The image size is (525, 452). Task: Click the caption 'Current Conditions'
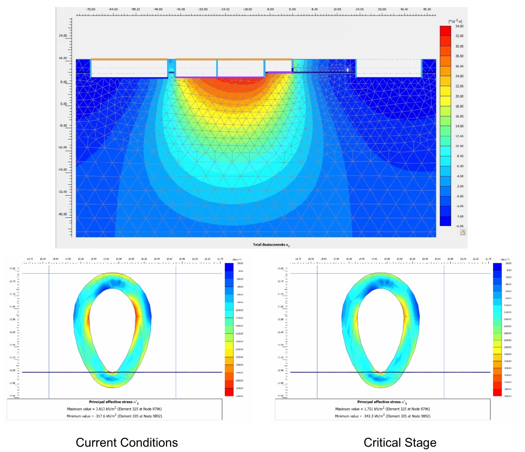(127, 443)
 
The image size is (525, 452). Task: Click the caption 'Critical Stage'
(400, 443)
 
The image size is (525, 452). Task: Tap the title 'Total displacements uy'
(271, 245)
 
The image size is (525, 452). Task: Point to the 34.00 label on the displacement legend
(460, 26)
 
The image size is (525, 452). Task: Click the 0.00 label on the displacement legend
(460, 196)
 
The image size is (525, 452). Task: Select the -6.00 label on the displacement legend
(460, 226)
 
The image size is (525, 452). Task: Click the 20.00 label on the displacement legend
(460, 96)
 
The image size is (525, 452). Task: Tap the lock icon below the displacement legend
(463, 232)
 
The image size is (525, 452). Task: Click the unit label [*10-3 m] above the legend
(455, 21)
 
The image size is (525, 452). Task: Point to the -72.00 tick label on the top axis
(91, 9)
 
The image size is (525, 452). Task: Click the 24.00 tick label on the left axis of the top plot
(63, 36)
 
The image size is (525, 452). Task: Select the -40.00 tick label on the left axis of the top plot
(62, 214)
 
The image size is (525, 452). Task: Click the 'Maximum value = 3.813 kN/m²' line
(114, 409)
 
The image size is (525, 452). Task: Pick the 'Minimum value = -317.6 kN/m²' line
(114, 416)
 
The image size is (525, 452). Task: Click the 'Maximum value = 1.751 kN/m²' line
(383, 409)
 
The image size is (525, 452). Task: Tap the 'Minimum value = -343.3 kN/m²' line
(383, 416)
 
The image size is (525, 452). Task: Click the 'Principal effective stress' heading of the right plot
(382, 402)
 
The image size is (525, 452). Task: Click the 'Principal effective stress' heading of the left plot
(114, 402)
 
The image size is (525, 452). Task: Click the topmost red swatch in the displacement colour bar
(445, 31)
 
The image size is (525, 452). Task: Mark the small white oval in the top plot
(348, 70)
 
